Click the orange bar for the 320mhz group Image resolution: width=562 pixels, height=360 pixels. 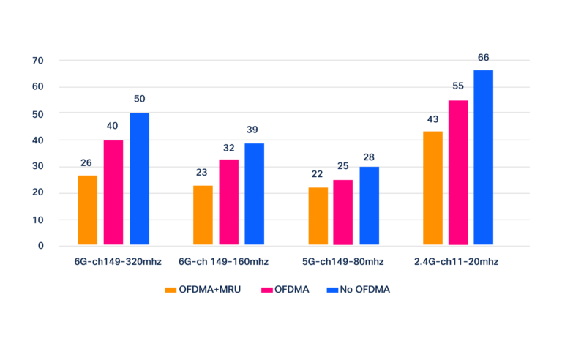pos(88,210)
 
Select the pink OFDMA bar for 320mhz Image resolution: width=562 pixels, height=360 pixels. pos(113,192)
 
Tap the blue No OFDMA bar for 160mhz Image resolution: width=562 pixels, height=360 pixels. pos(255,194)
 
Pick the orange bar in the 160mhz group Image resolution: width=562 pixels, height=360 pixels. pos(203,215)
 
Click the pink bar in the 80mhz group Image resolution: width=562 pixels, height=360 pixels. pos(343,212)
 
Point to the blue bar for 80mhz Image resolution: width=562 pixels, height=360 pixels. pos(370,206)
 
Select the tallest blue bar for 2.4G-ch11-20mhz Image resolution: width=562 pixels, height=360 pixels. pos(484,157)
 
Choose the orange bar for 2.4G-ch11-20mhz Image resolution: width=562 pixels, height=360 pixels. pos(432,188)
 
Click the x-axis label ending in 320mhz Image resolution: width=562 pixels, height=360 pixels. pos(117,261)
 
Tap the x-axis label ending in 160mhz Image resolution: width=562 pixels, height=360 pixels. pos(223,261)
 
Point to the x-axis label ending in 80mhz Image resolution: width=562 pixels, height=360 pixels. pos(342,261)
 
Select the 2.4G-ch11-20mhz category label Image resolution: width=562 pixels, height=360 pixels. pos(456,261)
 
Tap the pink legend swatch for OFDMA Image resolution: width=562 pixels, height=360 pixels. pos(267,290)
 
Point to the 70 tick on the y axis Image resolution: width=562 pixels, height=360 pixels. pos(38,60)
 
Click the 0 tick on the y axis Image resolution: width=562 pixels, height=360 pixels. pos(41,246)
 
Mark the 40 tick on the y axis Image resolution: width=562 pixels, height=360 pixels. pos(38,140)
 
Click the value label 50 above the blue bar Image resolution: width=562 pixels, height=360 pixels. pos(140,99)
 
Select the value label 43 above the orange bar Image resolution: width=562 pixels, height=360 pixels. pos(432,119)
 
